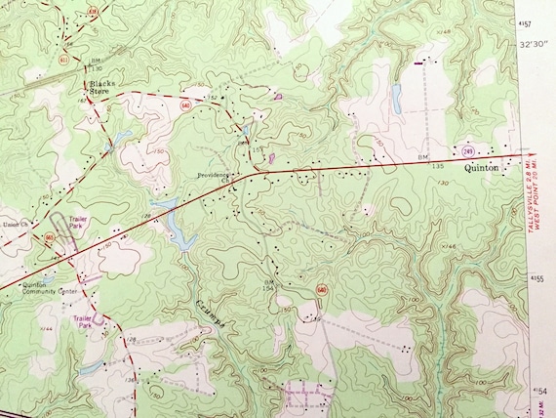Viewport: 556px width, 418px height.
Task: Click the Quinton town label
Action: pos(485,168)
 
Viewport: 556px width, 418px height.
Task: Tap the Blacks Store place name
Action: pos(102,90)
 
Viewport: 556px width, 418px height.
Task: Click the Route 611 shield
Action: pos(62,61)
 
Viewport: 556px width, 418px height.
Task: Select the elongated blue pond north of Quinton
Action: pos(396,96)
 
